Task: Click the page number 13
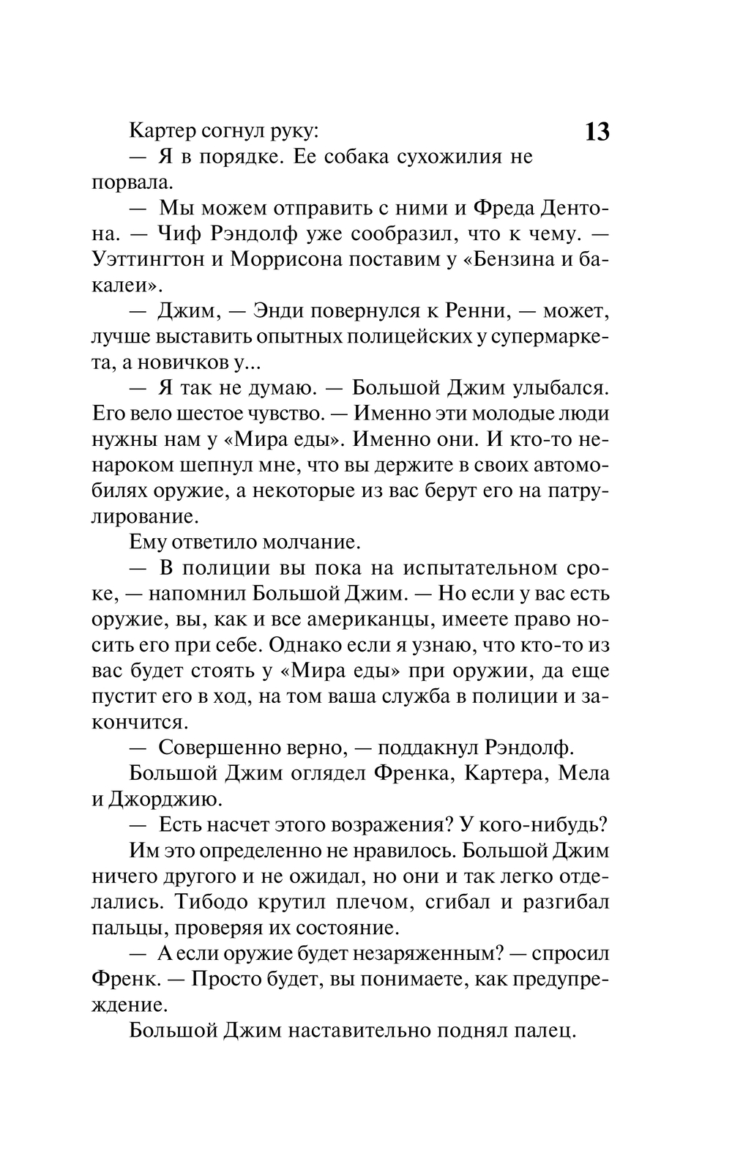click(x=597, y=132)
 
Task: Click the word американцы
click(x=365, y=619)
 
